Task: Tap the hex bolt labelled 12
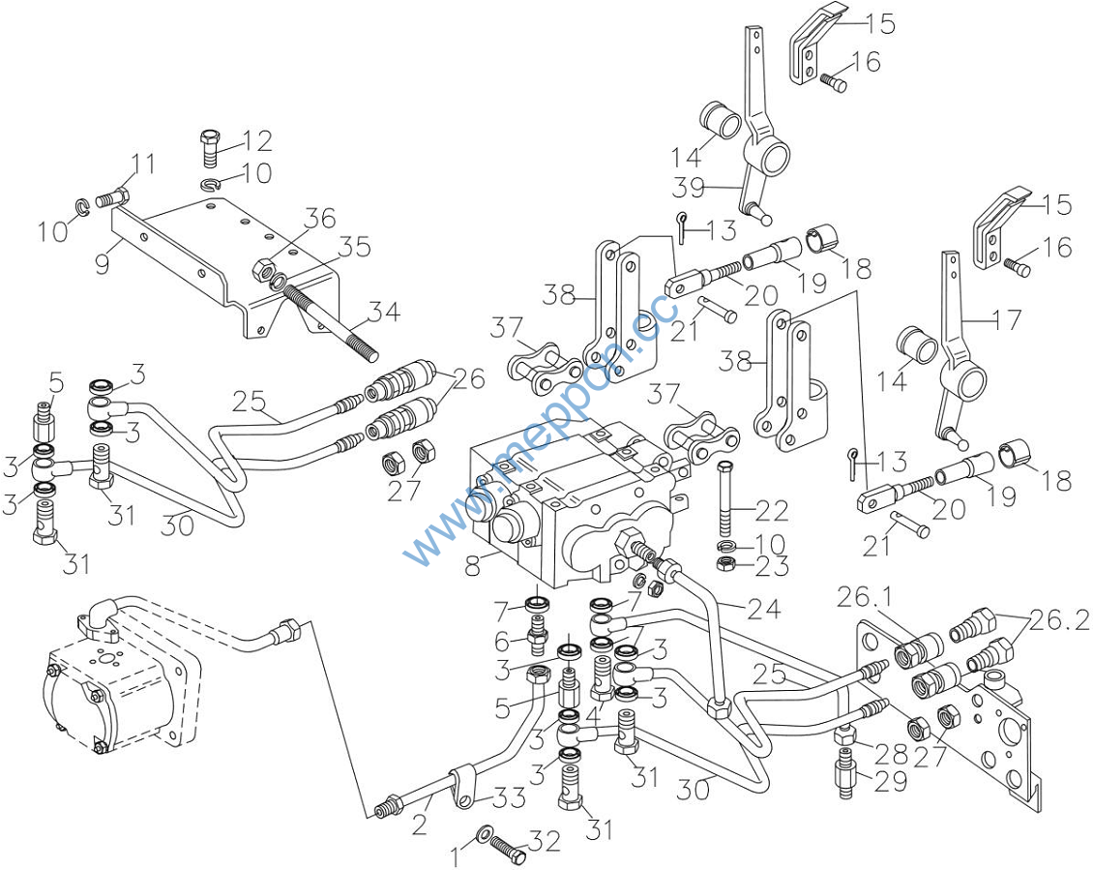pyautogui.click(x=211, y=146)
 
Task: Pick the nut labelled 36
pyautogui.click(x=262, y=268)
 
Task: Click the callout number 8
pyautogui.click(x=473, y=566)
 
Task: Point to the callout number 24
pyautogui.click(x=764, y=609)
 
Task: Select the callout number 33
pyautogui.click(x=510, y=798)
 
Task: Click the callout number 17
pyautogui.click(x=1005, y=319)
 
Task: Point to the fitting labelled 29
pyautogui.click(x=845, y=781)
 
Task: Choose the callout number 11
pyautogui.click(x=143, y=165)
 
